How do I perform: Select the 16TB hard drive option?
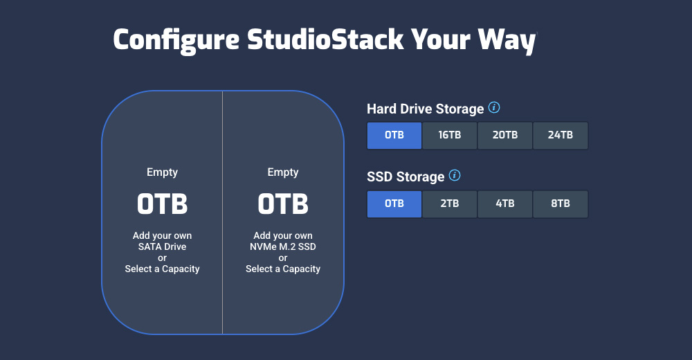point(450,135)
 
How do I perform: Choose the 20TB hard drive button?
point(505,135)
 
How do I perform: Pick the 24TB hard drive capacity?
point(561,135)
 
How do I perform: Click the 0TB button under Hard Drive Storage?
point(394,135)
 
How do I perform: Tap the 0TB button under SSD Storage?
point(394,204)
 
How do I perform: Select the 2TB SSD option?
point(450,204)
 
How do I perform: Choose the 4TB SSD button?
point(505,204)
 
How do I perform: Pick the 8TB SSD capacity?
point(561,204)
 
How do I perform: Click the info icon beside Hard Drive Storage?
point(494,108)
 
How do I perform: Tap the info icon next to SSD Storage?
point(455,176)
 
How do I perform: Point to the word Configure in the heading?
point(176,40)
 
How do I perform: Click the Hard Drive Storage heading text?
point(425,109)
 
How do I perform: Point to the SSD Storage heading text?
point(406,177)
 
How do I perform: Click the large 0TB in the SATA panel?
point(163,204)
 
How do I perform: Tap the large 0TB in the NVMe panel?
point(283,204)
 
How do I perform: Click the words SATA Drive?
point(163,246)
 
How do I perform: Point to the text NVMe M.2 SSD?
point(283,246)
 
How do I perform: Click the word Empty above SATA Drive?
point(163,172)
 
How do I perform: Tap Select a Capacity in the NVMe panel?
point(283,269)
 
